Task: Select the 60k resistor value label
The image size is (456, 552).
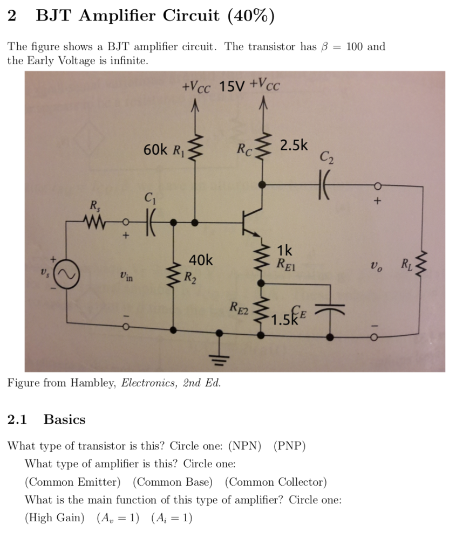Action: tap(156, 149)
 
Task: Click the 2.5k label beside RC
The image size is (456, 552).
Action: tap(294, 145)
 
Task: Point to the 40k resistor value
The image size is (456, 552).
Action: tap(201, 261)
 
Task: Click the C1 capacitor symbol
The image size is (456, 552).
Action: tap(149, 221)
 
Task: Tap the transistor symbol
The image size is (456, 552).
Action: tap(251, 221)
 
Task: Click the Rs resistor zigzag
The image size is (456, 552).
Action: tap(95, 221)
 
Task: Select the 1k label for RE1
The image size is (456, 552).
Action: tap(284, 250)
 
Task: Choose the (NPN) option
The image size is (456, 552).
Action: tap(245, 446)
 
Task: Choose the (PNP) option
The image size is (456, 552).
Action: tap(289, 446)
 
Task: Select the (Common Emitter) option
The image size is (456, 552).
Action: tap(73, 482)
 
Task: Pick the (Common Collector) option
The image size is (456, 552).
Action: tap(276, 482)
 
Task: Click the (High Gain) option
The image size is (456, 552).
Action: tap(55, 517)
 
